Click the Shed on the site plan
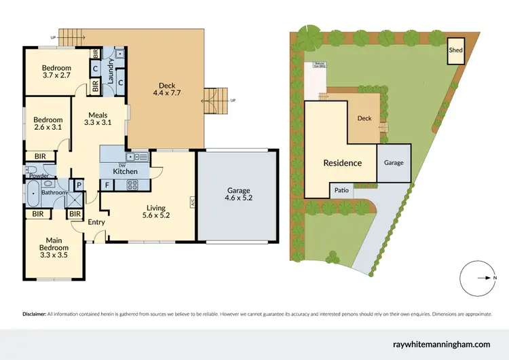[x=455, y=52]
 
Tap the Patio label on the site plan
[x=341, y=191]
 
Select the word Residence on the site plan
[x=342, y=163]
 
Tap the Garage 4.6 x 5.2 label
[x=238, y=194]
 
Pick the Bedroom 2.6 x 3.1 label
[x=48, y=123]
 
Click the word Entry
[x=95, y=222]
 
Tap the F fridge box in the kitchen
[x=107, y=184]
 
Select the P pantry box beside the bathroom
[x=79, y=184]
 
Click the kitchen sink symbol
[x=140, y=157]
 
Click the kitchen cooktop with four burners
[x=130, y=183]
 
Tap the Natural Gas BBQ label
[x=318, y=67]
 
